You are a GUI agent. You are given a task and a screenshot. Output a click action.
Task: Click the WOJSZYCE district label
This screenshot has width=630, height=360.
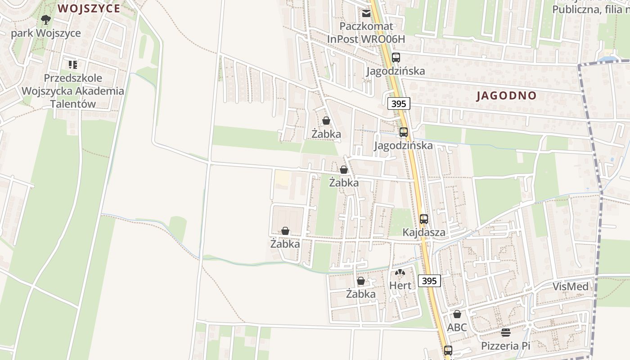(89, 9)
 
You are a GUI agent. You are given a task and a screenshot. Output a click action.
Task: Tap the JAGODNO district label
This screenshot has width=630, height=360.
(506, 95)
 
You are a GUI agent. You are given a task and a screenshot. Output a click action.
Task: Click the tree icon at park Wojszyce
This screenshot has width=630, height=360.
(45, 19)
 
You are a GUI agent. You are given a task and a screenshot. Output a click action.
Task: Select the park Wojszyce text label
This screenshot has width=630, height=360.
(46, 33)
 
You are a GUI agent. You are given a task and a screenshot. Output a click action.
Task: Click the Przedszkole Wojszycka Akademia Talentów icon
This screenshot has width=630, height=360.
(73, 65)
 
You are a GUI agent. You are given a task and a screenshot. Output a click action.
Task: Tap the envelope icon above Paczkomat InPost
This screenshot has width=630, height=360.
(366, 13)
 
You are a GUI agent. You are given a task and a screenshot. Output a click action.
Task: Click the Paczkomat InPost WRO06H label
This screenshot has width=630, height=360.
(366, 33)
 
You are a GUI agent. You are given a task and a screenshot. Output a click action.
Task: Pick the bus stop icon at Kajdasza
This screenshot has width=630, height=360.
(424, 219)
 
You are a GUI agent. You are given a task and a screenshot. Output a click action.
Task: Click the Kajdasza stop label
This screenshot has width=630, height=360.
(424, 233)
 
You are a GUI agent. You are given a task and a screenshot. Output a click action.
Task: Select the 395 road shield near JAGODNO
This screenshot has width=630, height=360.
(399, 104)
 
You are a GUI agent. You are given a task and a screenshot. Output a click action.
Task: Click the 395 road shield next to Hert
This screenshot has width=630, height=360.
(429, 281)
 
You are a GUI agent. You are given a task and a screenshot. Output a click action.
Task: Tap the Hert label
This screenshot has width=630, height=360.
(400, 285)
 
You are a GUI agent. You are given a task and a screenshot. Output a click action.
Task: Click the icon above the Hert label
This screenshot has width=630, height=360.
(400, 272)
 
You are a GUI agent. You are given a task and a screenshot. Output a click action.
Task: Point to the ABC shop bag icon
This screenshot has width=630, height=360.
(457, 314)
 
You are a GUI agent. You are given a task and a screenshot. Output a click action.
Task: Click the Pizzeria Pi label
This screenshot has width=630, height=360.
(506, 346)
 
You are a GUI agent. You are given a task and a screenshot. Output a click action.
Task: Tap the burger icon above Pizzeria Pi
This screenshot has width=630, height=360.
(506, 333)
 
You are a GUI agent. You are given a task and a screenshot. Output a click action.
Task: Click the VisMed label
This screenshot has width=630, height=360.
(570, 287)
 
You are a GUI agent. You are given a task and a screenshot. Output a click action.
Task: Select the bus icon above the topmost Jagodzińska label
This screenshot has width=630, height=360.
(396, 58)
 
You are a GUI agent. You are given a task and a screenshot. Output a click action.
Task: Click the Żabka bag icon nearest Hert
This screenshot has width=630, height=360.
(361, 281)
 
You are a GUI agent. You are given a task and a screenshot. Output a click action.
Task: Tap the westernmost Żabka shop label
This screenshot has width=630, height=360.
(285, 244)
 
